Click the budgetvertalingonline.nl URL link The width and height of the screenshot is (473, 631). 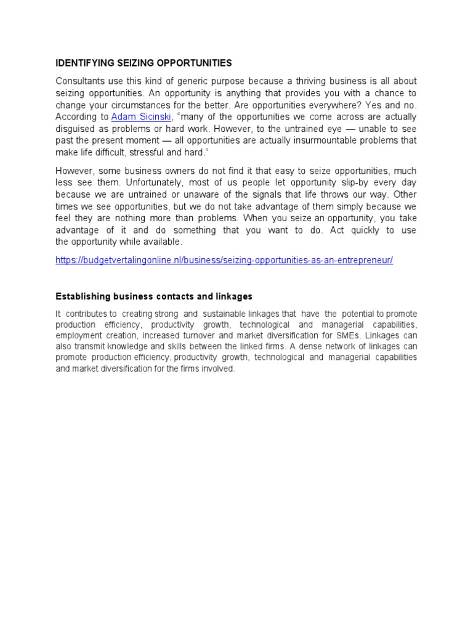coord(224,260)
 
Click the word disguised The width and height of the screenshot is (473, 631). coord(77,128)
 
